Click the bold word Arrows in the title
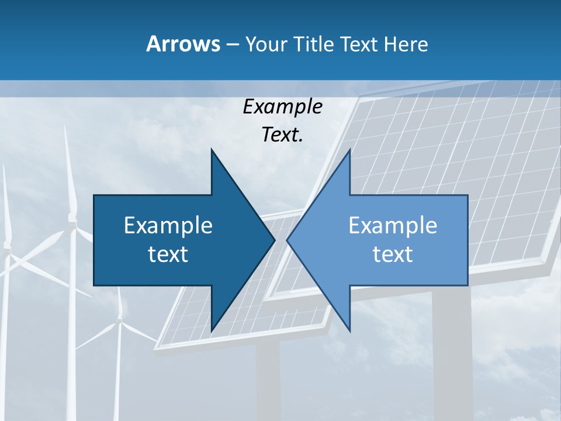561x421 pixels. tap(182, 44)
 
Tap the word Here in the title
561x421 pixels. tap(406, 44)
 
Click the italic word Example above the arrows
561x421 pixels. tap(282, 106)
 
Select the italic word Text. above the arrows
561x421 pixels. tap(282, 135)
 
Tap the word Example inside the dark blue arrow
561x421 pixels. tap(168, 226)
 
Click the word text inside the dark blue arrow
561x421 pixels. tap(168, 254)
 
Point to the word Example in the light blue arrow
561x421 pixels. tap(393, 226)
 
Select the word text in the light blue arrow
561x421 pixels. tap(393, 254)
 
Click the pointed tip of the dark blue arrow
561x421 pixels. tap(273, 240)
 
